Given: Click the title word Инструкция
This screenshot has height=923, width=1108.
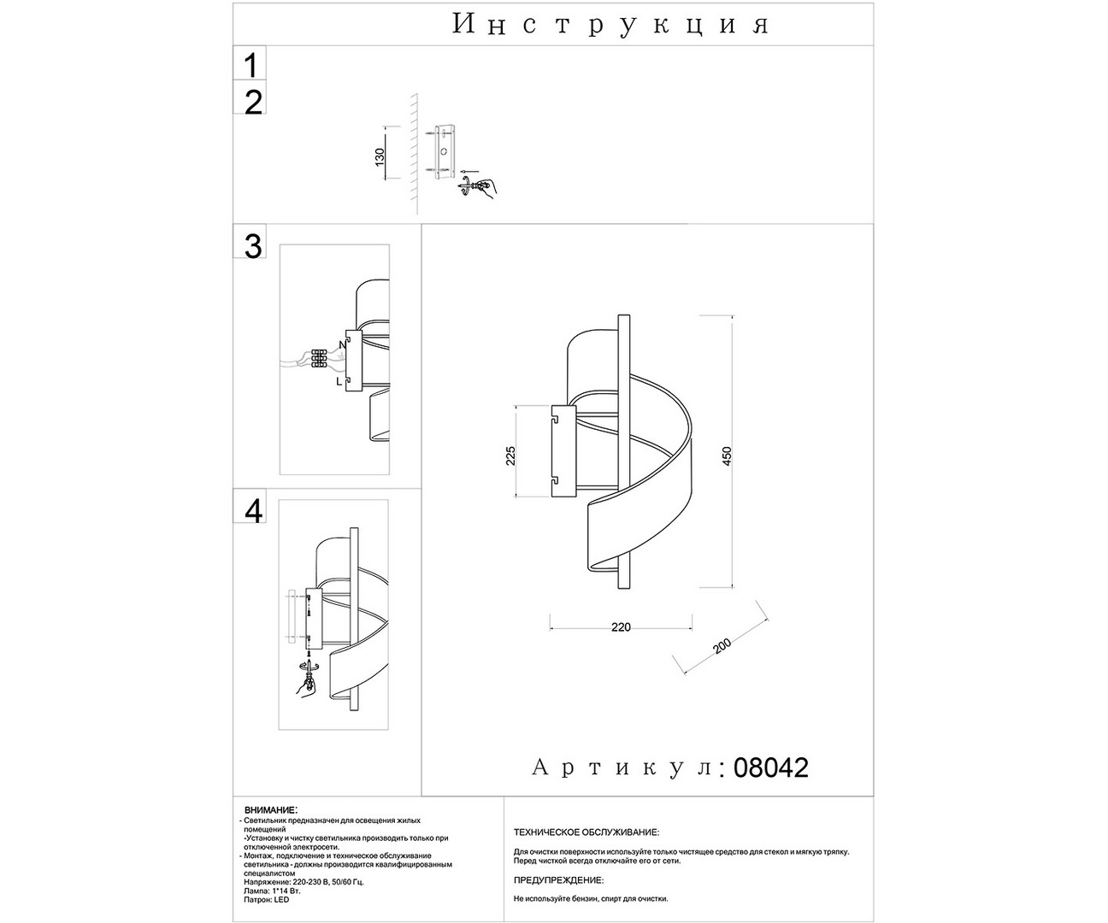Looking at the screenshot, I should point(610,25).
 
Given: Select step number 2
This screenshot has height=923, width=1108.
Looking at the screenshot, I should point(253,103).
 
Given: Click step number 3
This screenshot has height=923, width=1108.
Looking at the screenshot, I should point(253,246).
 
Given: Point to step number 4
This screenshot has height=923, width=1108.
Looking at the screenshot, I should point(254,510).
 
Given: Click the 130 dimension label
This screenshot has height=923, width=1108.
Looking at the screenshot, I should point(380,155).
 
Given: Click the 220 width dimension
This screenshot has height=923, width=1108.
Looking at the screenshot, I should point(621,627).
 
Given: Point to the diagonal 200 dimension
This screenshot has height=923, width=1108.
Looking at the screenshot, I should point(723,648).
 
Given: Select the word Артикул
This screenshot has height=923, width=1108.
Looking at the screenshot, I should point(622,767).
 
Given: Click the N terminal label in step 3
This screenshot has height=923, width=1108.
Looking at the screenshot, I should point(342,345).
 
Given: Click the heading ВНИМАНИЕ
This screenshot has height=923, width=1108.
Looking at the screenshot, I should point(270,808).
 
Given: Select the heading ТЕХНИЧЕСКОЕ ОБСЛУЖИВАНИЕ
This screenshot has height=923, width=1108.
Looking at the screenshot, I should point(586,832).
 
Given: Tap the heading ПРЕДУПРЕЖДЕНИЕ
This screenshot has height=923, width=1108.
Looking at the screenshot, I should point(558,879).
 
